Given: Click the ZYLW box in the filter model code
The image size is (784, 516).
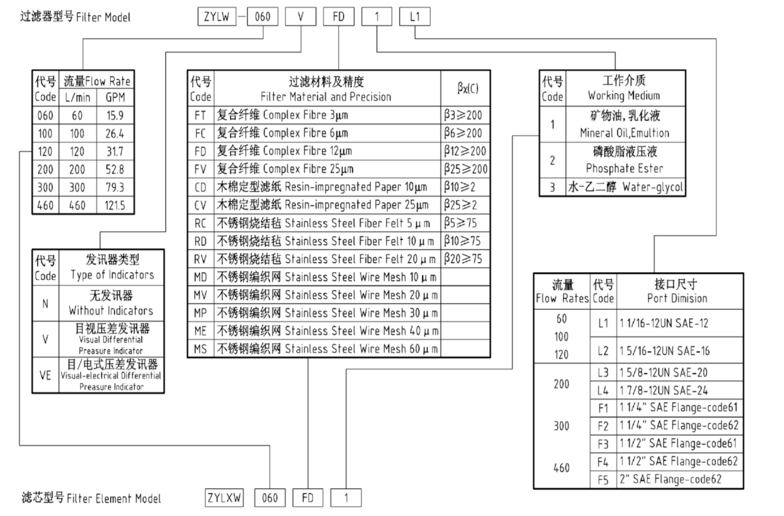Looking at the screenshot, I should [217, 17].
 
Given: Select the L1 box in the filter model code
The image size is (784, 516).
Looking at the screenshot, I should [414, 17].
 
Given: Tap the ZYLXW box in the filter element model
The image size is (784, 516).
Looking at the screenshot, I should [224, 498].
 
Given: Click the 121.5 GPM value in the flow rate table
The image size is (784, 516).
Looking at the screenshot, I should [115, 205].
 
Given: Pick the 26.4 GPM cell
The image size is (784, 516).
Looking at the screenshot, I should [115, 133].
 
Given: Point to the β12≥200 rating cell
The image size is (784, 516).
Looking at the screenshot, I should [465, 151].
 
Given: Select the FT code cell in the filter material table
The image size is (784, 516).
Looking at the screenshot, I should [200, 115].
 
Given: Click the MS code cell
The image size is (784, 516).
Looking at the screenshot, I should [200, 349].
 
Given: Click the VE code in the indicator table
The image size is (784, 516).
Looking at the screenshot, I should [45, 375].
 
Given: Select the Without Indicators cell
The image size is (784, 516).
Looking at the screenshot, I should [111, 303].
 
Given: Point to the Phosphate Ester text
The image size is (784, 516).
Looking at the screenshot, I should [624, 168].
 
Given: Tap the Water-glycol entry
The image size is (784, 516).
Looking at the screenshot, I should [653, 187].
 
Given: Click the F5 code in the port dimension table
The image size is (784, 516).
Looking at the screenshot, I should [603, 480].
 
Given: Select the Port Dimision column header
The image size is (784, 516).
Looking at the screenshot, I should [677, 291].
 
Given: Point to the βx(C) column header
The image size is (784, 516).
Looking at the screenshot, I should [467, 88].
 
